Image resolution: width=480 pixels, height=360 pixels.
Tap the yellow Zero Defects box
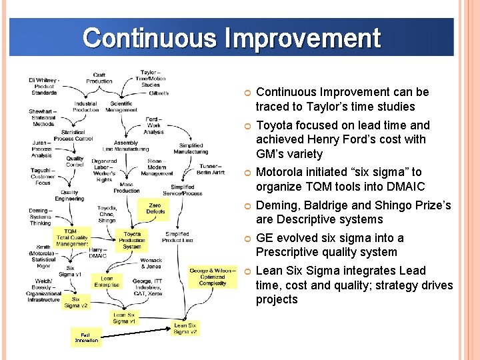(155, 209)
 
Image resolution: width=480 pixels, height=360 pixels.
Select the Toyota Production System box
(132, 240)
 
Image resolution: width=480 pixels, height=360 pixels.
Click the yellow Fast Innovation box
(85, 337)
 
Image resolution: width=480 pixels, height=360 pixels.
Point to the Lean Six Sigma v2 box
(185, 328)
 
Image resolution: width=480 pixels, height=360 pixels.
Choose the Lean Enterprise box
(107, 282)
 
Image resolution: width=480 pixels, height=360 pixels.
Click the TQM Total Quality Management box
(71, 237)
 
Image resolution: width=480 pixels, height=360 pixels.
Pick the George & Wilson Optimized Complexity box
(212, 277)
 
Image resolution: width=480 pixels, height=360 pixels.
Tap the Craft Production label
(99, 78)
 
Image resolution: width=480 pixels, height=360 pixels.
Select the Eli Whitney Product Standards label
(43, 87)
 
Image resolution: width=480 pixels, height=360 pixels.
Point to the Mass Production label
(127, 187)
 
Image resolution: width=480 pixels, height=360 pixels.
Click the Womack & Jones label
(151, 263)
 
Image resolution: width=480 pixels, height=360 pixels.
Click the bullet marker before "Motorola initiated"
(247, 173)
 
